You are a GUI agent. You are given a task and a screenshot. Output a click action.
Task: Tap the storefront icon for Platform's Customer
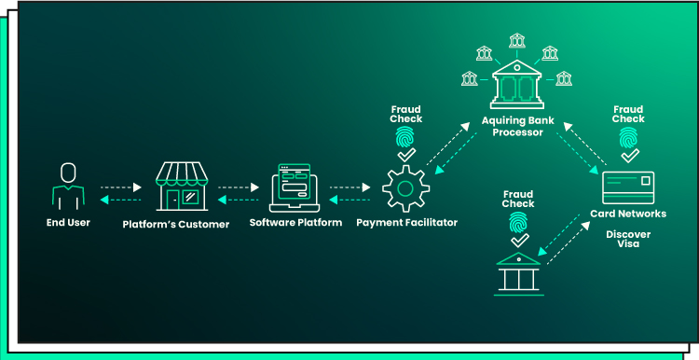click(182, 186)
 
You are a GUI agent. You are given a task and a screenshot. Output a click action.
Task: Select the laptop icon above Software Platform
click(295, 187)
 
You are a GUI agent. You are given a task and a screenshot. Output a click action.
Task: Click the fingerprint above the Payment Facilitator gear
click(405, 137)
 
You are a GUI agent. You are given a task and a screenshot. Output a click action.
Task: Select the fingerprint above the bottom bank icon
click(518, 222)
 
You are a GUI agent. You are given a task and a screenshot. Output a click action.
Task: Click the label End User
click(68, 223)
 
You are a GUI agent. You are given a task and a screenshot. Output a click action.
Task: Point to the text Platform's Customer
click(176, 224)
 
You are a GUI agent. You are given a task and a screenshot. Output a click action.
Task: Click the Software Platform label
click(295, 224)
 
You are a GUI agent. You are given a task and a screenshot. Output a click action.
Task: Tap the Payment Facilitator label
click(405, 224)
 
